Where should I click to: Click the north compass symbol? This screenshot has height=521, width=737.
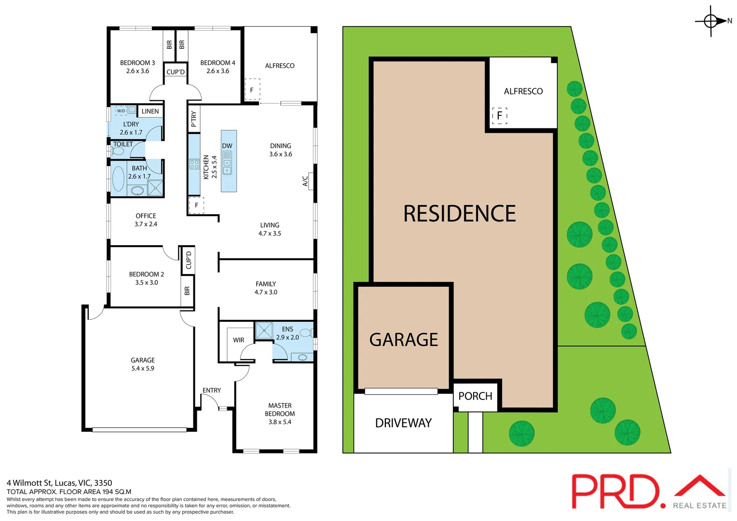(711, 21)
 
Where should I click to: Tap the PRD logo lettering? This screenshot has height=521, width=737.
(615, 491)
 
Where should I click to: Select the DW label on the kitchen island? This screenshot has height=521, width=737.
(227, 146)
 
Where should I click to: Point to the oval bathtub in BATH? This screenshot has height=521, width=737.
(118, 179)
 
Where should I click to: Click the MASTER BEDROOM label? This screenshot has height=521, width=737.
(280, 413)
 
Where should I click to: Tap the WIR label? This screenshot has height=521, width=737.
(238, 340)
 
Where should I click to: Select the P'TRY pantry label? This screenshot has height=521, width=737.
(194, 119)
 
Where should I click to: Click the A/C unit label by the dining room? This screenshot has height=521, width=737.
(305, 181)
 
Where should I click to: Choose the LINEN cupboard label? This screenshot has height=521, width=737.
(150, 111)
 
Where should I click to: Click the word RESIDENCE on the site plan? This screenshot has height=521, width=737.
(459, 214)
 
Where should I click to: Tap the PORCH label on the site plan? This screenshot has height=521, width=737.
(475, 396)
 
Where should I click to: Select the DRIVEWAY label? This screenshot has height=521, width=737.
(403, 423)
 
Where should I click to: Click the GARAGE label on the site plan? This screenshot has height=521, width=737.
(404, 340)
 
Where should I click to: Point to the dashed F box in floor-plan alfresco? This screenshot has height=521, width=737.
(252, 90)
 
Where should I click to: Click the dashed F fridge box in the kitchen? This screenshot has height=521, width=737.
(196, 205)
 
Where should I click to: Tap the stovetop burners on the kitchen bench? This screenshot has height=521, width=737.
(194, 164)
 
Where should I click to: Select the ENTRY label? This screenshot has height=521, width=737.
(212, 390)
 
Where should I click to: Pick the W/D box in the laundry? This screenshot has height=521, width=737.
(121, 111)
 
